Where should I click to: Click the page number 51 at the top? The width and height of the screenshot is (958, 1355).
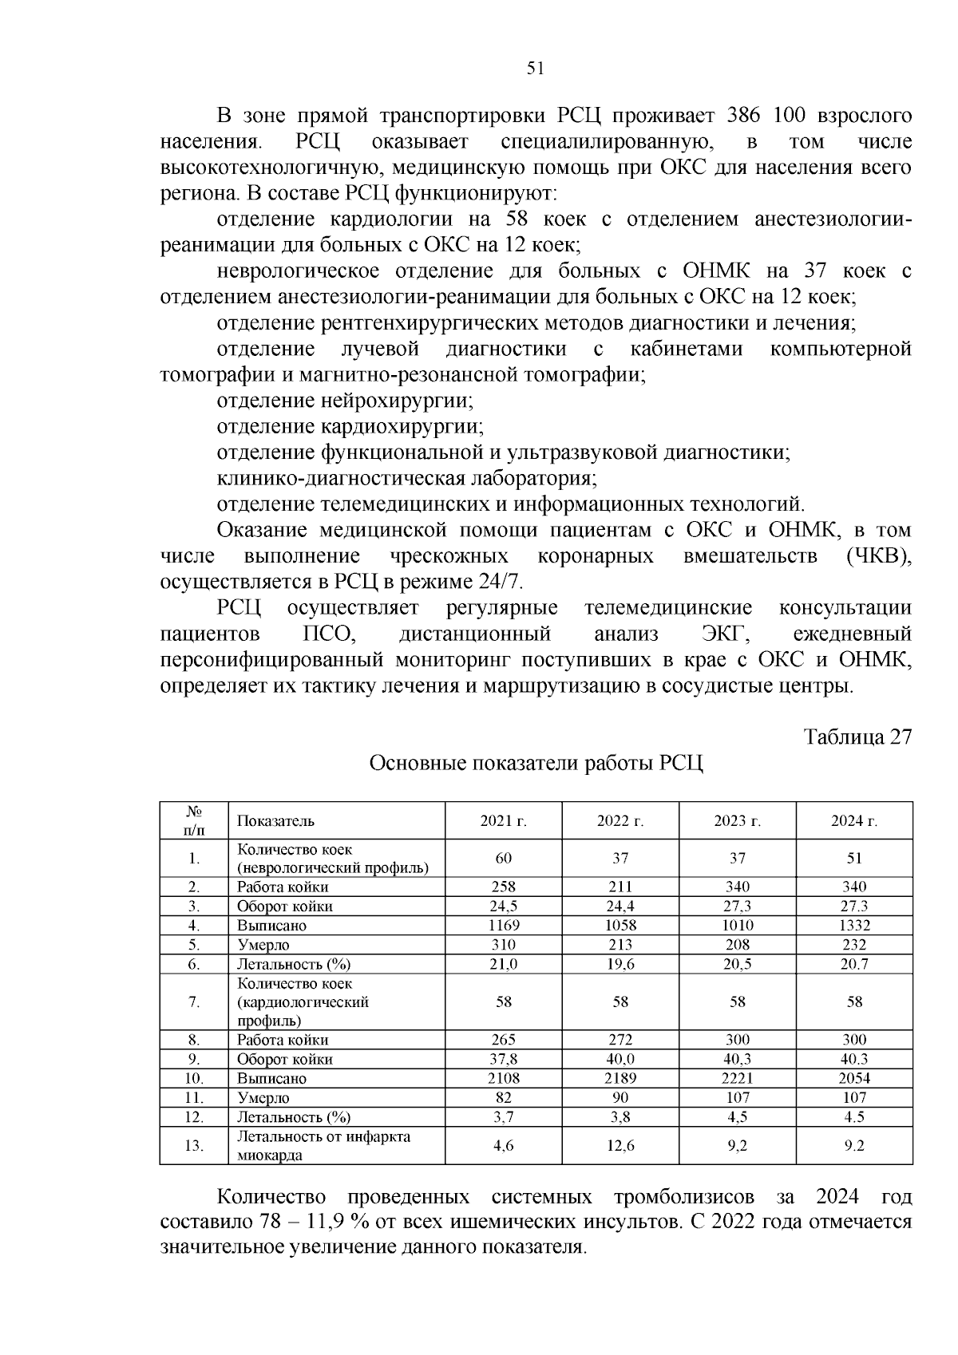(536, 69)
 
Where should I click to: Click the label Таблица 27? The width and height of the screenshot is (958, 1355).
(857, 737)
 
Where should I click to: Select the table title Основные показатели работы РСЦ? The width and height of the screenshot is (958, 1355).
(536, 764)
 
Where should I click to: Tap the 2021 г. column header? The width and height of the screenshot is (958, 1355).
(503, 821)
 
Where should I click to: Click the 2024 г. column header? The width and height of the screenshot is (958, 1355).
(854, 821)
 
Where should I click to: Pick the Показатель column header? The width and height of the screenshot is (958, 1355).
(275, 821)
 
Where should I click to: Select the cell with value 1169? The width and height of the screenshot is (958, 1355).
(503, 926)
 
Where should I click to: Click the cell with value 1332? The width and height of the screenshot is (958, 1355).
(854, 926)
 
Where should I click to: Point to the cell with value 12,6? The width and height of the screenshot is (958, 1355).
(620, 1146)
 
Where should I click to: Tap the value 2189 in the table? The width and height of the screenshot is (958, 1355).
(620, 1079)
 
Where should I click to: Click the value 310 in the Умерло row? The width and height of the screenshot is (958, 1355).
(503, 945)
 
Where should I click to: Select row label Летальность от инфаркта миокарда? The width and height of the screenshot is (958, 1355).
(323, 1146)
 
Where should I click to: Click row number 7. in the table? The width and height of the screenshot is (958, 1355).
(194, 1002)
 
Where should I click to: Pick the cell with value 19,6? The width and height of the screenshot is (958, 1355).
(620, 964)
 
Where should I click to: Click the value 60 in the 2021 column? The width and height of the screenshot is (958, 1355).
(503, 859)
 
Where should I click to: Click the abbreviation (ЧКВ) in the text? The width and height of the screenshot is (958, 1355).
(878, 556)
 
